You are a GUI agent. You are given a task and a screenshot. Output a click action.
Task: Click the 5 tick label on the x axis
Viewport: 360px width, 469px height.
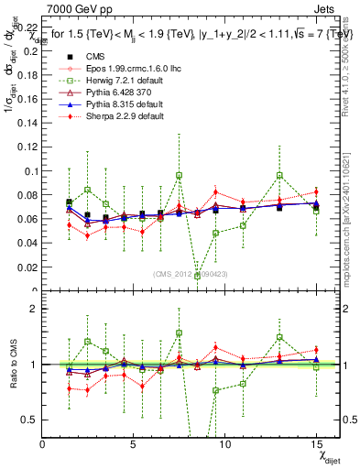coord(134,443)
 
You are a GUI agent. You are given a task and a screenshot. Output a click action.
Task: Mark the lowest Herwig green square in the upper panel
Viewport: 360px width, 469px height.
coord(197,276)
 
